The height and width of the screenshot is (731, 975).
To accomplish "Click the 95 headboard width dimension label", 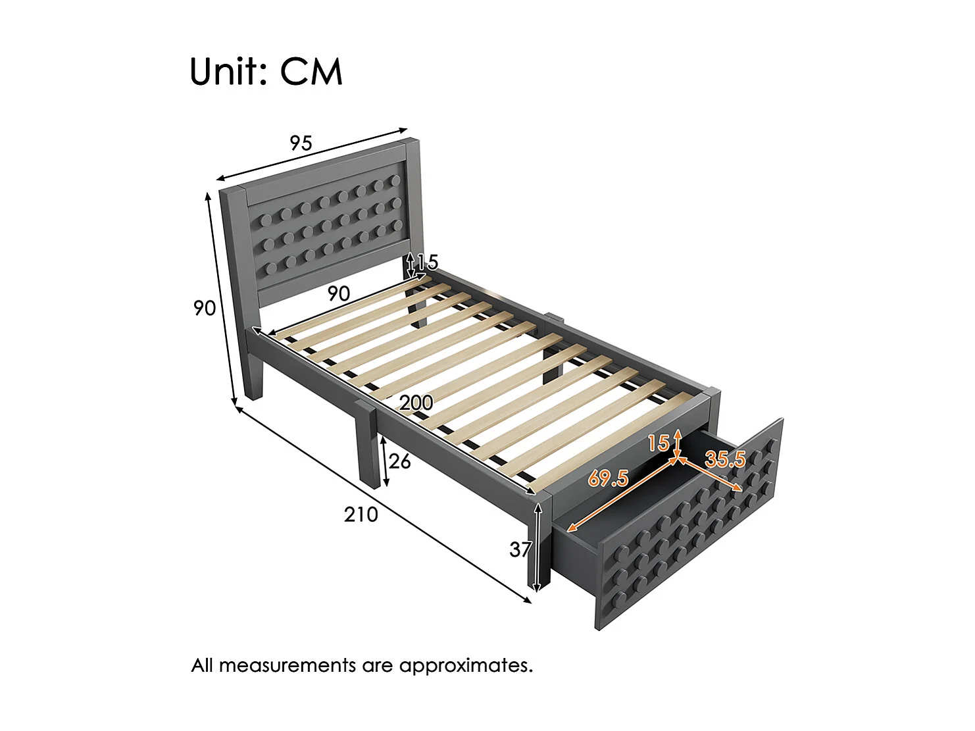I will (301, 143).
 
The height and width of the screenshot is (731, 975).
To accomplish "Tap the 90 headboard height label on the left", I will (205, 307).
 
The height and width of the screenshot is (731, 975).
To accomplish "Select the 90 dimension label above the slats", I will (339, 293).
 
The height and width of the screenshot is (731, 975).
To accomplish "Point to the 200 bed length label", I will (416, 402).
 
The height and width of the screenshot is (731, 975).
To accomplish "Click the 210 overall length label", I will (361, 514).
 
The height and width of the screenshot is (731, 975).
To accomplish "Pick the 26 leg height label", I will (399, 461).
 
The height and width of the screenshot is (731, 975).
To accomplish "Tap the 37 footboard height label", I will (520, 549).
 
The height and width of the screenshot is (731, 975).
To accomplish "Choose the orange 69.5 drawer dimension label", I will (607, 478).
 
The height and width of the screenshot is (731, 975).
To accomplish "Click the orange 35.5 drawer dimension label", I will (725, 459).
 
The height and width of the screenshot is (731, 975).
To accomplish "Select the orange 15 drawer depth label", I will (658, 443).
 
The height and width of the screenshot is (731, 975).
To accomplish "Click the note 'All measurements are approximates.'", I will (362, 665).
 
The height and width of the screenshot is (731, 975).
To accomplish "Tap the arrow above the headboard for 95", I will (312, 153).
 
